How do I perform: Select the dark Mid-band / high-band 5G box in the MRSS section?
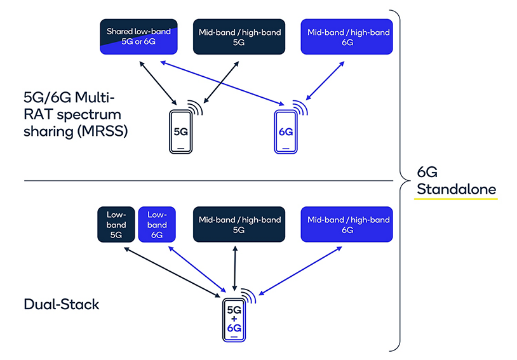tap(239, 36)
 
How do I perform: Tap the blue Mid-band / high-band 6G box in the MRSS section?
tap(347, 36)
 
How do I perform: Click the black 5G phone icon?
tap(180, 133)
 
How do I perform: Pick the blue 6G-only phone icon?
tap(286, 133)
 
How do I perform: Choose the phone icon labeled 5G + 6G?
tap(234, 321)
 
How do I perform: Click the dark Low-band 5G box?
tap(116, 224)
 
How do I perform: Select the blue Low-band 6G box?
tap(156, 224)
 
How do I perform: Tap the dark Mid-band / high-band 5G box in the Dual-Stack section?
tap(239, 224)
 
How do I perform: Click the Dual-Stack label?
tap(62, 304)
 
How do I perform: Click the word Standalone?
tap(456, 189)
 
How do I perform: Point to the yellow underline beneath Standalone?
tap(456, 199)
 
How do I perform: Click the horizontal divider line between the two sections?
tap(191, 180)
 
